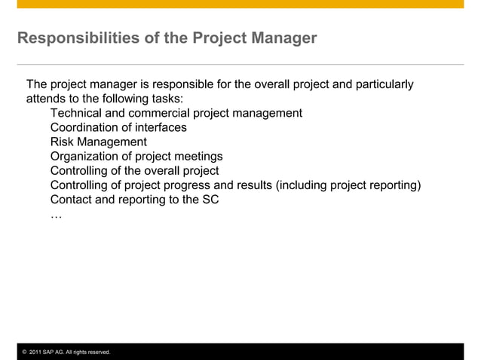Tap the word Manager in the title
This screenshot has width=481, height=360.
click(x=284, y=38)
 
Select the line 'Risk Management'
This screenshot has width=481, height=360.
click(x=98, y=142)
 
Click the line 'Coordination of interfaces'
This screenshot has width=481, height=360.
click(x=118, y=127)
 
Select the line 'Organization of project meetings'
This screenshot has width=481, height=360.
click(x=136, y=156)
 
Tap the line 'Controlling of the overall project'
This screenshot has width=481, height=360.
click(x=134, y=171)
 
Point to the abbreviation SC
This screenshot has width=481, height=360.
click(x=210, y=200)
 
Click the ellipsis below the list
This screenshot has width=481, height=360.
click(x=56, y=215)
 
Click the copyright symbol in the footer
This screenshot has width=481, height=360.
click(x=23, y=352)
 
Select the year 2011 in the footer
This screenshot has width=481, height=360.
click(x=35, y=352)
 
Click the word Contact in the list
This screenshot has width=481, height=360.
click(x=72, y=200)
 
